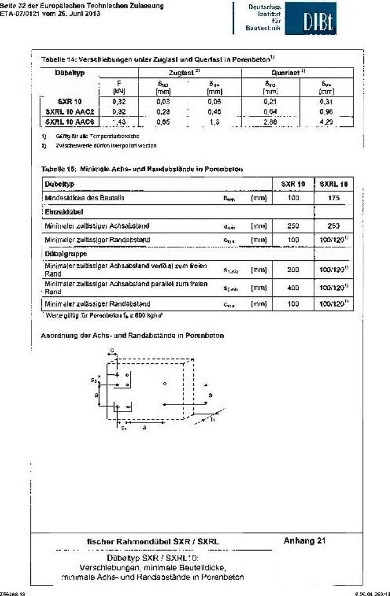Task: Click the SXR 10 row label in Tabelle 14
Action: point(69,101)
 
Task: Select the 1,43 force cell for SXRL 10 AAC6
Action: point(118,122)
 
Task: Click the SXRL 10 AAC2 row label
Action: point(69,111)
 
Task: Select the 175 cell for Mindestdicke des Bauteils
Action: point(334,198)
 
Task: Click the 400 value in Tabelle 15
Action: point(293,288)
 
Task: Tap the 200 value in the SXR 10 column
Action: point(293,270)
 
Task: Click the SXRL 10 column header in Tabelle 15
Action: point(334,184)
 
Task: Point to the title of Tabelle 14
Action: point(158,59)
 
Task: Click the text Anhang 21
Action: point(304,541)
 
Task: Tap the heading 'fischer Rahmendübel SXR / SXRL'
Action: point(153,542)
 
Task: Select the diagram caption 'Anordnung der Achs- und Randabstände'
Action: point(132,336)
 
